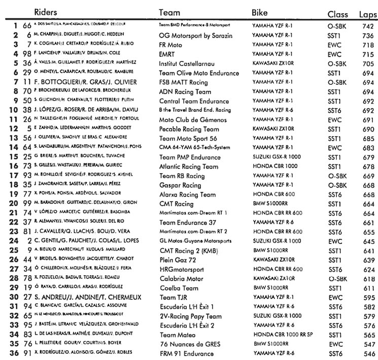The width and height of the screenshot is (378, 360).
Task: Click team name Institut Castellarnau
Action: coord(185,63)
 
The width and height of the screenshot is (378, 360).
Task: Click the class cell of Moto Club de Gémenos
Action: coord(334,119)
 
